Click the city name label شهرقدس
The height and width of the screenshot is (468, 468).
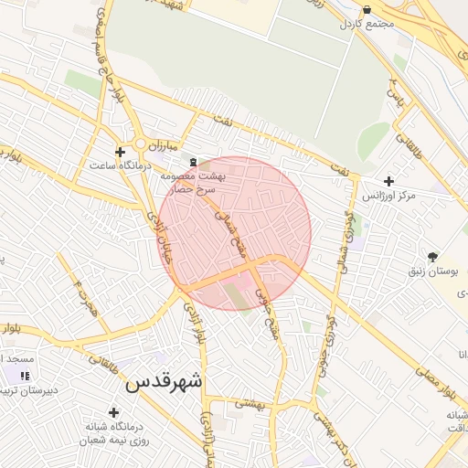tap(165, 381)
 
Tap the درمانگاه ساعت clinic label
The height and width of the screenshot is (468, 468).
tap(118, 165)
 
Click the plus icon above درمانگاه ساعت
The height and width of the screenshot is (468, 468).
tap(120, 151)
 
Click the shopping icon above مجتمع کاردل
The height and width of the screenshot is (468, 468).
tap(367, 9)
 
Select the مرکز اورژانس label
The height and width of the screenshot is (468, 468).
tap(388, 196)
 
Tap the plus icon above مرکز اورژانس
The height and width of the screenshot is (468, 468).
tap(390, 181)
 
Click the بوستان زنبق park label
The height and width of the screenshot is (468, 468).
tap(431, 271)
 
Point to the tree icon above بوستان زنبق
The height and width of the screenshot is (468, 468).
tap(432, 257)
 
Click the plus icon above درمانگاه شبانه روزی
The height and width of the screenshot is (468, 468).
tap(114, 412)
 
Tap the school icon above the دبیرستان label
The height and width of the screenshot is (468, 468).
tap(25, 375)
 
